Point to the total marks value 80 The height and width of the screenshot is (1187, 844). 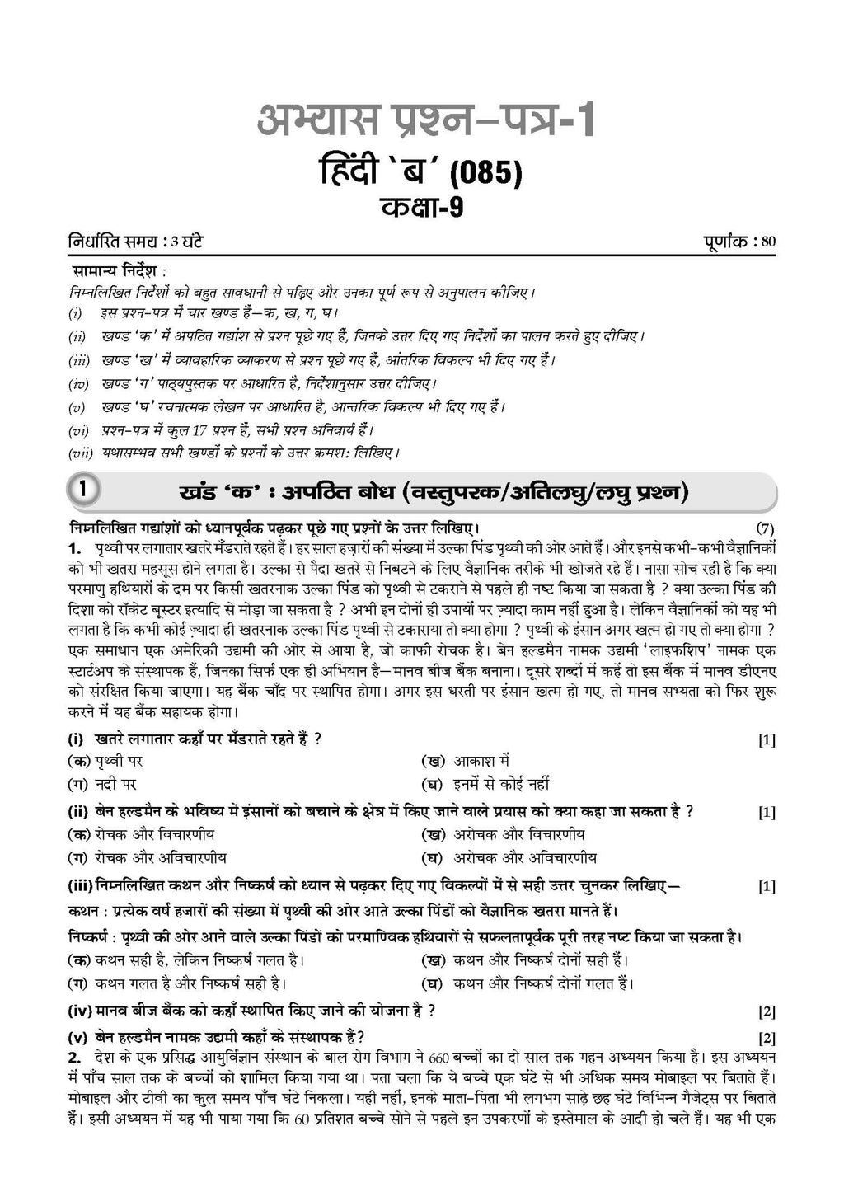point(768,242)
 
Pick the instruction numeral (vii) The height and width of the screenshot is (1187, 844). point(82,453)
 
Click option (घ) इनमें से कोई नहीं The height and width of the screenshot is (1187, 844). point(485,784)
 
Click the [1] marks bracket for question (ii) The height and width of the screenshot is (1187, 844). point(767,812)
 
